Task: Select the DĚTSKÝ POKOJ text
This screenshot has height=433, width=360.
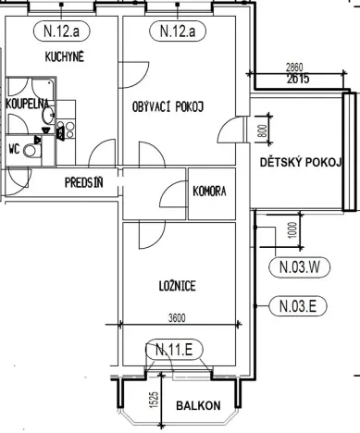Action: pos(301,163)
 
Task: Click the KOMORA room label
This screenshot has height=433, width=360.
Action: pos(209,192)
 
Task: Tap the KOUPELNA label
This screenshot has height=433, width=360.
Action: pos(27,105)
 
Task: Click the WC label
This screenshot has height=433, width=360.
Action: pos(14,146)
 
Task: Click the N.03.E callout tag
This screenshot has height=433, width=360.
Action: pos(298,303)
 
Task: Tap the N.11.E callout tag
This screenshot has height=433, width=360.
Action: pos(175,349)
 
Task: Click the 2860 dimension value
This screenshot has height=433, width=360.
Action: pos(294,69)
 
